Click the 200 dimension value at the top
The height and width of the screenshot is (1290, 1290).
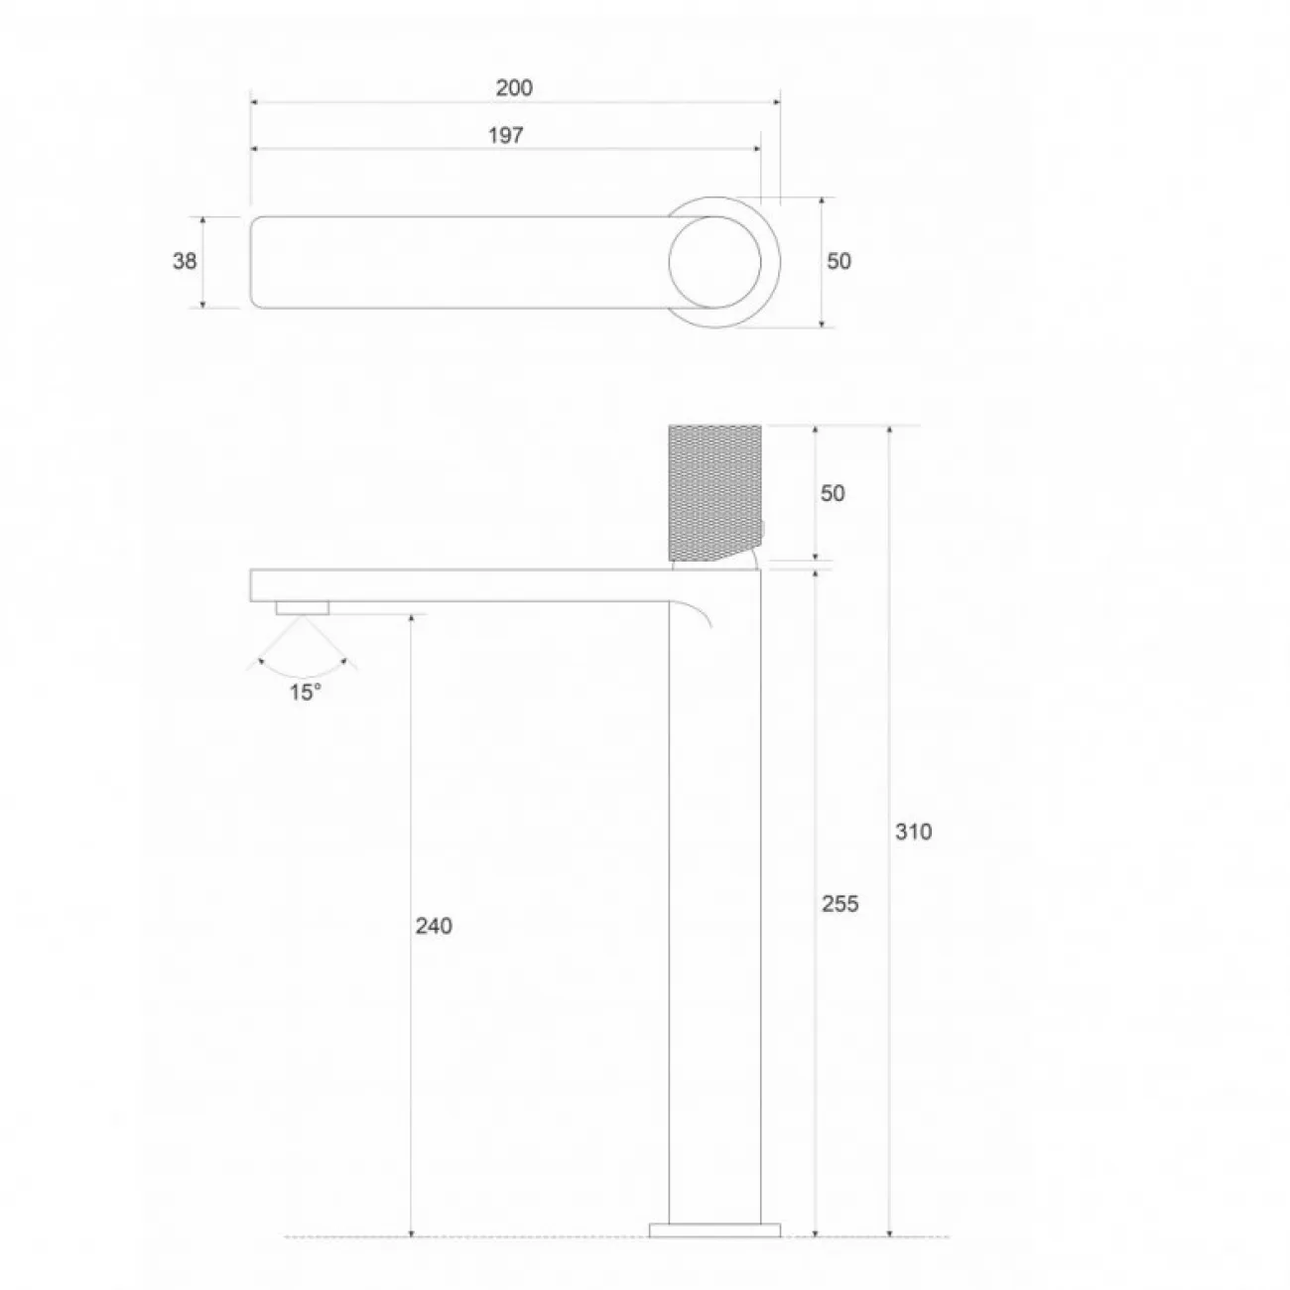tap(513, 87)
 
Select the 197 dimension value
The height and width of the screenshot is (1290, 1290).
tap(505, 135)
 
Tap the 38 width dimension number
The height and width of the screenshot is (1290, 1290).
tap(185, 261)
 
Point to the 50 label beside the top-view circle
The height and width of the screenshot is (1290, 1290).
tap(838, 261)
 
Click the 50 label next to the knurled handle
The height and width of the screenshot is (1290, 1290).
tap(833, 493)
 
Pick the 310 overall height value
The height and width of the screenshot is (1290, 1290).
tap(913, 832)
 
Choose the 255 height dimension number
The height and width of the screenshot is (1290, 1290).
tap(839, 904)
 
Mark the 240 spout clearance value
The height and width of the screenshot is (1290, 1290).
tap(434, 926)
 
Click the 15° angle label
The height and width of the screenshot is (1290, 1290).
tap(306, 693)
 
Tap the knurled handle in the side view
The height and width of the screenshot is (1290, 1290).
tap(714, 492)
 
